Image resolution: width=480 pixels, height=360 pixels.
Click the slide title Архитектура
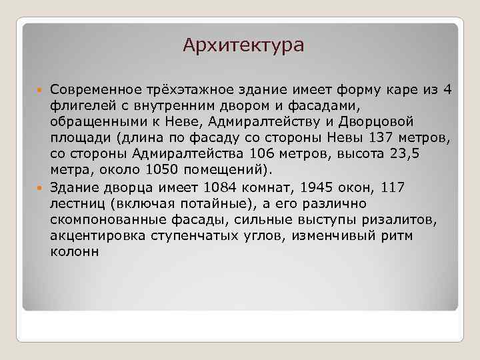(243, 45)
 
